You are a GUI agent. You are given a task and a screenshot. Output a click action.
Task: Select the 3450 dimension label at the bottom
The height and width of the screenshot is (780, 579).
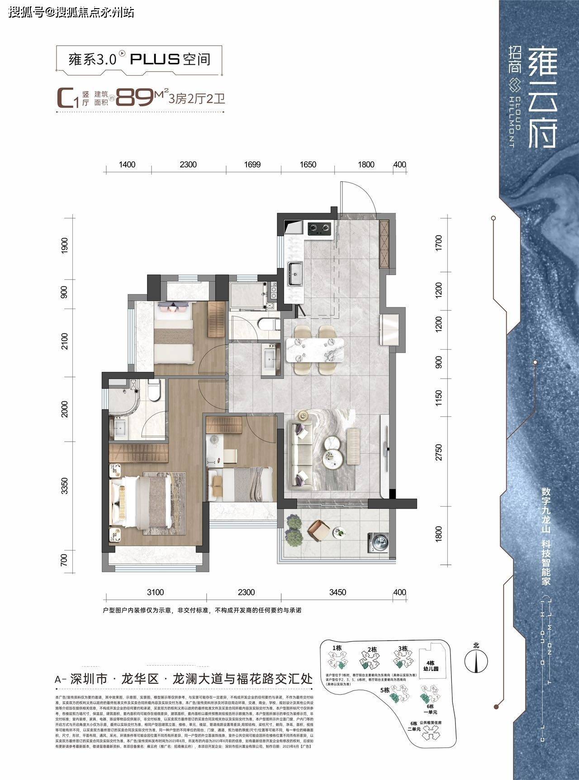pyautogui.click(x=337, y=592)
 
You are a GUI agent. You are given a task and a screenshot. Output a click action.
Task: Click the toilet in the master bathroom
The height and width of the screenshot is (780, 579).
pyautogui.click(x=154, y=390)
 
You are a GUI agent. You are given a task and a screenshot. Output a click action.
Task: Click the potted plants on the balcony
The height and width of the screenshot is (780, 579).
pyautogui.click(x=294, y=532)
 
